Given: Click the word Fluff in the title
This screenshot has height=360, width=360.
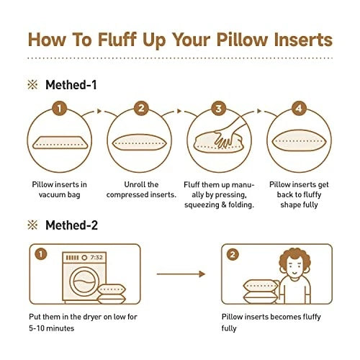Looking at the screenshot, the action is [x=117, y=40].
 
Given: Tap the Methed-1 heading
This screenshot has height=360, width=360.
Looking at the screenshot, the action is [x=71, y=85].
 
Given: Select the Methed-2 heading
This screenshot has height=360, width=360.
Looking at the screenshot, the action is [x=71, y=225].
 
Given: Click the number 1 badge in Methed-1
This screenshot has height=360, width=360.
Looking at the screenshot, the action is [x=59, y=109].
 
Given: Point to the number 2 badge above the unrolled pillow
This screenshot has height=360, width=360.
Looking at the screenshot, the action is [x=141, y=109].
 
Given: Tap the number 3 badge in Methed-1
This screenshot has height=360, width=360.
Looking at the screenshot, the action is [x=218, y=109].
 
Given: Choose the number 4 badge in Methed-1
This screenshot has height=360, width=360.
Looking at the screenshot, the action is [x=299, y=109].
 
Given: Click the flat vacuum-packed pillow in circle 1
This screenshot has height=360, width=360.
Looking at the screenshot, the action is [x=60, y=143].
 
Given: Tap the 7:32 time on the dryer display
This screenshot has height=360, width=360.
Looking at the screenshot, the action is [x=96, y=258].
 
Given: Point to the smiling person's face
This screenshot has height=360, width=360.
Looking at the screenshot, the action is [x=294, y=268].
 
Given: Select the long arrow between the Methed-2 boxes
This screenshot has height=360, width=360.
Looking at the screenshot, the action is [x=181, y=274].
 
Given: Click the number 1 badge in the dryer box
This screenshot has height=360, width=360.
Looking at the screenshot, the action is [x=41, y=254].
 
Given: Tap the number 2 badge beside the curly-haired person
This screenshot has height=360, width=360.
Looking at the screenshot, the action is [x=233, y=254].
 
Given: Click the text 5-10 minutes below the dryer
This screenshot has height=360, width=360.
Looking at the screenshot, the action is [x=52, y=328].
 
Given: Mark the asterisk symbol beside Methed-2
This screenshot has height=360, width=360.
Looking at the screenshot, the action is [x=32, y=225].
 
